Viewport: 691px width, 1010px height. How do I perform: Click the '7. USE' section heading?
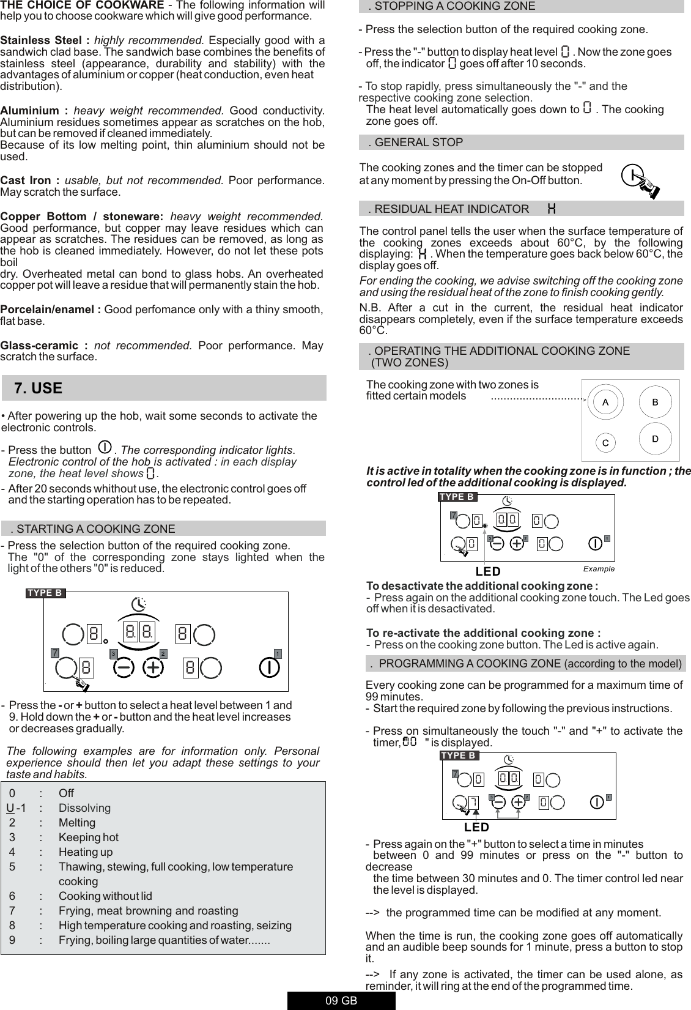click(38, 388)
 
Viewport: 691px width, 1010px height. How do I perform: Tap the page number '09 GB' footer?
click(341, 1001)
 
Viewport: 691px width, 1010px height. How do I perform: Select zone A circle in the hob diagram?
click(605, 403)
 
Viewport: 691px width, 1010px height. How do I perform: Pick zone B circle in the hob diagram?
click(655, 403)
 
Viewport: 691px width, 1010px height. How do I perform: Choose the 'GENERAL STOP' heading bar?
click(418, 143)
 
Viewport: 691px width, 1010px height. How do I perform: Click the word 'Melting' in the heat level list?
click(77, 823)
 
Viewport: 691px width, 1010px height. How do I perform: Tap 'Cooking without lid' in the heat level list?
click(105, 896)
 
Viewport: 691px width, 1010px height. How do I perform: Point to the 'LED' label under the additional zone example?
click(488, 571)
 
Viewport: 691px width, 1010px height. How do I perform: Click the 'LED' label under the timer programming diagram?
click(476, 827)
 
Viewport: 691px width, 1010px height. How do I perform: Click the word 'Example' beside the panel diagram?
click(599, 569)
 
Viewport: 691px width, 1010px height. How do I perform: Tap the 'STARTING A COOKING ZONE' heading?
click(95, 529)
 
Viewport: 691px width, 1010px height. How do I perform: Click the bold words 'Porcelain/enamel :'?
click(51, 310)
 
